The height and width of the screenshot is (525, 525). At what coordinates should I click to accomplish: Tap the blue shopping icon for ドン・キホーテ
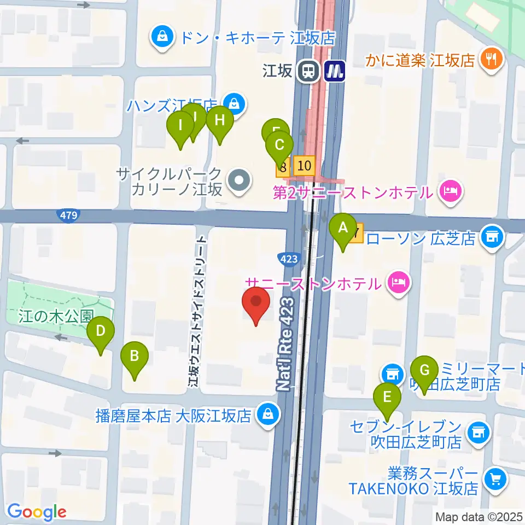point(162,37)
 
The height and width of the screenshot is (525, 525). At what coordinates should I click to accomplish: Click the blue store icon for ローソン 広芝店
point(493,238)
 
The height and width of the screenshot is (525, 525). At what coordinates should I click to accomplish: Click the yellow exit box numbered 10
point(305,165)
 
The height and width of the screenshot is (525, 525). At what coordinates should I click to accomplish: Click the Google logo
point(37,512)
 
